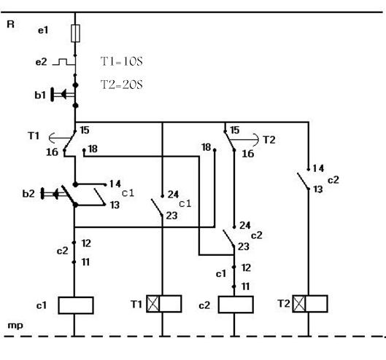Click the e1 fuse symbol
click(75, 34)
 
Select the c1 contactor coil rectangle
click(76, 305)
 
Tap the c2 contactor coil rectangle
click(236, 305)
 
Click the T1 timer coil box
click(164, 304)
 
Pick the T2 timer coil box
click(310, 304)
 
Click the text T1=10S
click(122, 61)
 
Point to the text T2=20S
click(122, 85)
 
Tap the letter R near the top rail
click(11, 24)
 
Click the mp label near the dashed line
click(15, 326)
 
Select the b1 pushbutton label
click(40, 95)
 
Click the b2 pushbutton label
click(28, 194)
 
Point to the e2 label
click(41, 62)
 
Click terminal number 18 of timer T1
click(93, 149)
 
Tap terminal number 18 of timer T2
click(206, 147)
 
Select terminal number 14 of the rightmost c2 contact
click(319, 168)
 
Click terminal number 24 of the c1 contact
click(174, 195)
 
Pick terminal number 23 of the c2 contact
click(244, 246)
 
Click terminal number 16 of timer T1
click(53, 152)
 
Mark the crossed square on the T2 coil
click(299, 304)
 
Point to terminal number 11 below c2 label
click(85, 262)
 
